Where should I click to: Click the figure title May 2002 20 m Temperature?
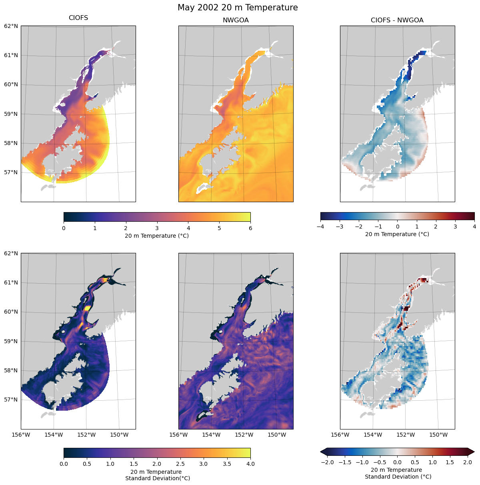pyautogui.click(x=238, y=8)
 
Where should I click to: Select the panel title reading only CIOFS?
pyautogui.click(x=78, y=18)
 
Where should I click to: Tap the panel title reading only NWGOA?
pyautogui.click(x=236, y=20)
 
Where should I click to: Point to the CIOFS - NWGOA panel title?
pyautogui.click(x=397, y=20)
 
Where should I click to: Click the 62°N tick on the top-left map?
pyautogui.click(x=11, y=26)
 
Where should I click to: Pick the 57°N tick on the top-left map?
pyautogui.click(x=11, y=173)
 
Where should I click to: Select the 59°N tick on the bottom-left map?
pyautogui.click(x=11, y=341)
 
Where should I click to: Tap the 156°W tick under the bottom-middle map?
pyautogui.click(x=179, y=435)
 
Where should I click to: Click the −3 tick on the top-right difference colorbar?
pyautogui.click(x=340, y=227)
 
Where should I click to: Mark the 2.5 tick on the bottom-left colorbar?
pyautogui.click(x=180, y=464)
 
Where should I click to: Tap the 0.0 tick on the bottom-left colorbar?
pyautogui.click(x=64, y=464)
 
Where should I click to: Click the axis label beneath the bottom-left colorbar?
pyautogui.click(x=157, y=475)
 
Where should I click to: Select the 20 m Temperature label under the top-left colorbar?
pyautogui.click(x=157, y=236)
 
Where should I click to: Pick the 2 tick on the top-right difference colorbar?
pyautogui.click(x=436, y=227)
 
